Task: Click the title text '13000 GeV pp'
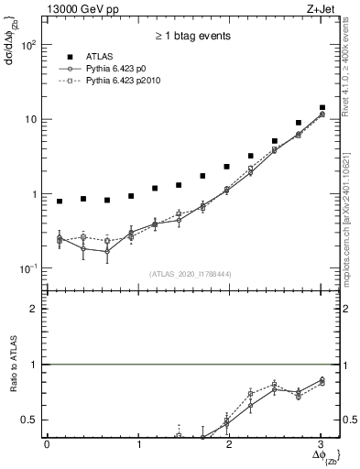point(76,8)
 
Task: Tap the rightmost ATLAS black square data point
point(321,107)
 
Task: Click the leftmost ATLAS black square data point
point(60,202)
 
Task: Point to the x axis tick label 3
point(321,446)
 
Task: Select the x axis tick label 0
point(47,446)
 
